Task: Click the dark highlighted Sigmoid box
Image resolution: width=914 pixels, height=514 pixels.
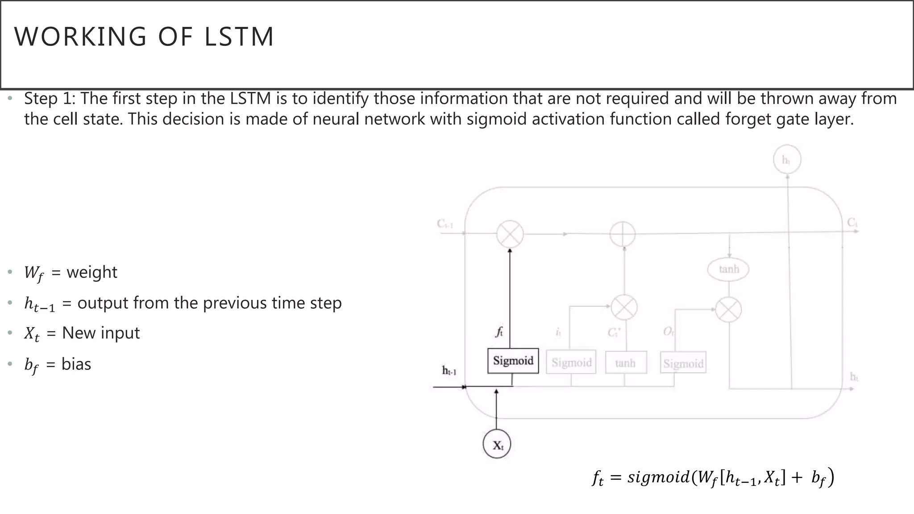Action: point(513,361)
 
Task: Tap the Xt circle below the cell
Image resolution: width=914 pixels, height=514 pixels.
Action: point(497,444)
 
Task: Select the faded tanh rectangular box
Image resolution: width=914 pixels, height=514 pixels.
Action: point(626,363)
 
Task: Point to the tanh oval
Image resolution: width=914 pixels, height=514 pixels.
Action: point(728,269)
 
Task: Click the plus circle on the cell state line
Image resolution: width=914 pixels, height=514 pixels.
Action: point(623,234)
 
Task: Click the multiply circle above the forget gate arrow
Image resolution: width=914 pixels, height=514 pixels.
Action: point(510,234)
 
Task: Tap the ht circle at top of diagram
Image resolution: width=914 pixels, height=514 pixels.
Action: point(787,159)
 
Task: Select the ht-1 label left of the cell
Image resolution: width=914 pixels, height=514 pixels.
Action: point(449,370)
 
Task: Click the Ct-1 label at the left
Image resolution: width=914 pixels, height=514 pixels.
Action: point(445,224)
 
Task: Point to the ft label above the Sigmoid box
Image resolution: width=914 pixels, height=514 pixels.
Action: point(499,332)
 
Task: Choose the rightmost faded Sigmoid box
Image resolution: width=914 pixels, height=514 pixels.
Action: point(683,363)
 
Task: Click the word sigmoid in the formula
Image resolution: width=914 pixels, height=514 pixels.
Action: point(658,477)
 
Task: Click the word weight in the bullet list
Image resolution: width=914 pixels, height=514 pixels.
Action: point(92,272)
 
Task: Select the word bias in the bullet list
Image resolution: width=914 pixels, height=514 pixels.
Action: point(76,364)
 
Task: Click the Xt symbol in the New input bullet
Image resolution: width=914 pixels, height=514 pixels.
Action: point(32,334)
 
